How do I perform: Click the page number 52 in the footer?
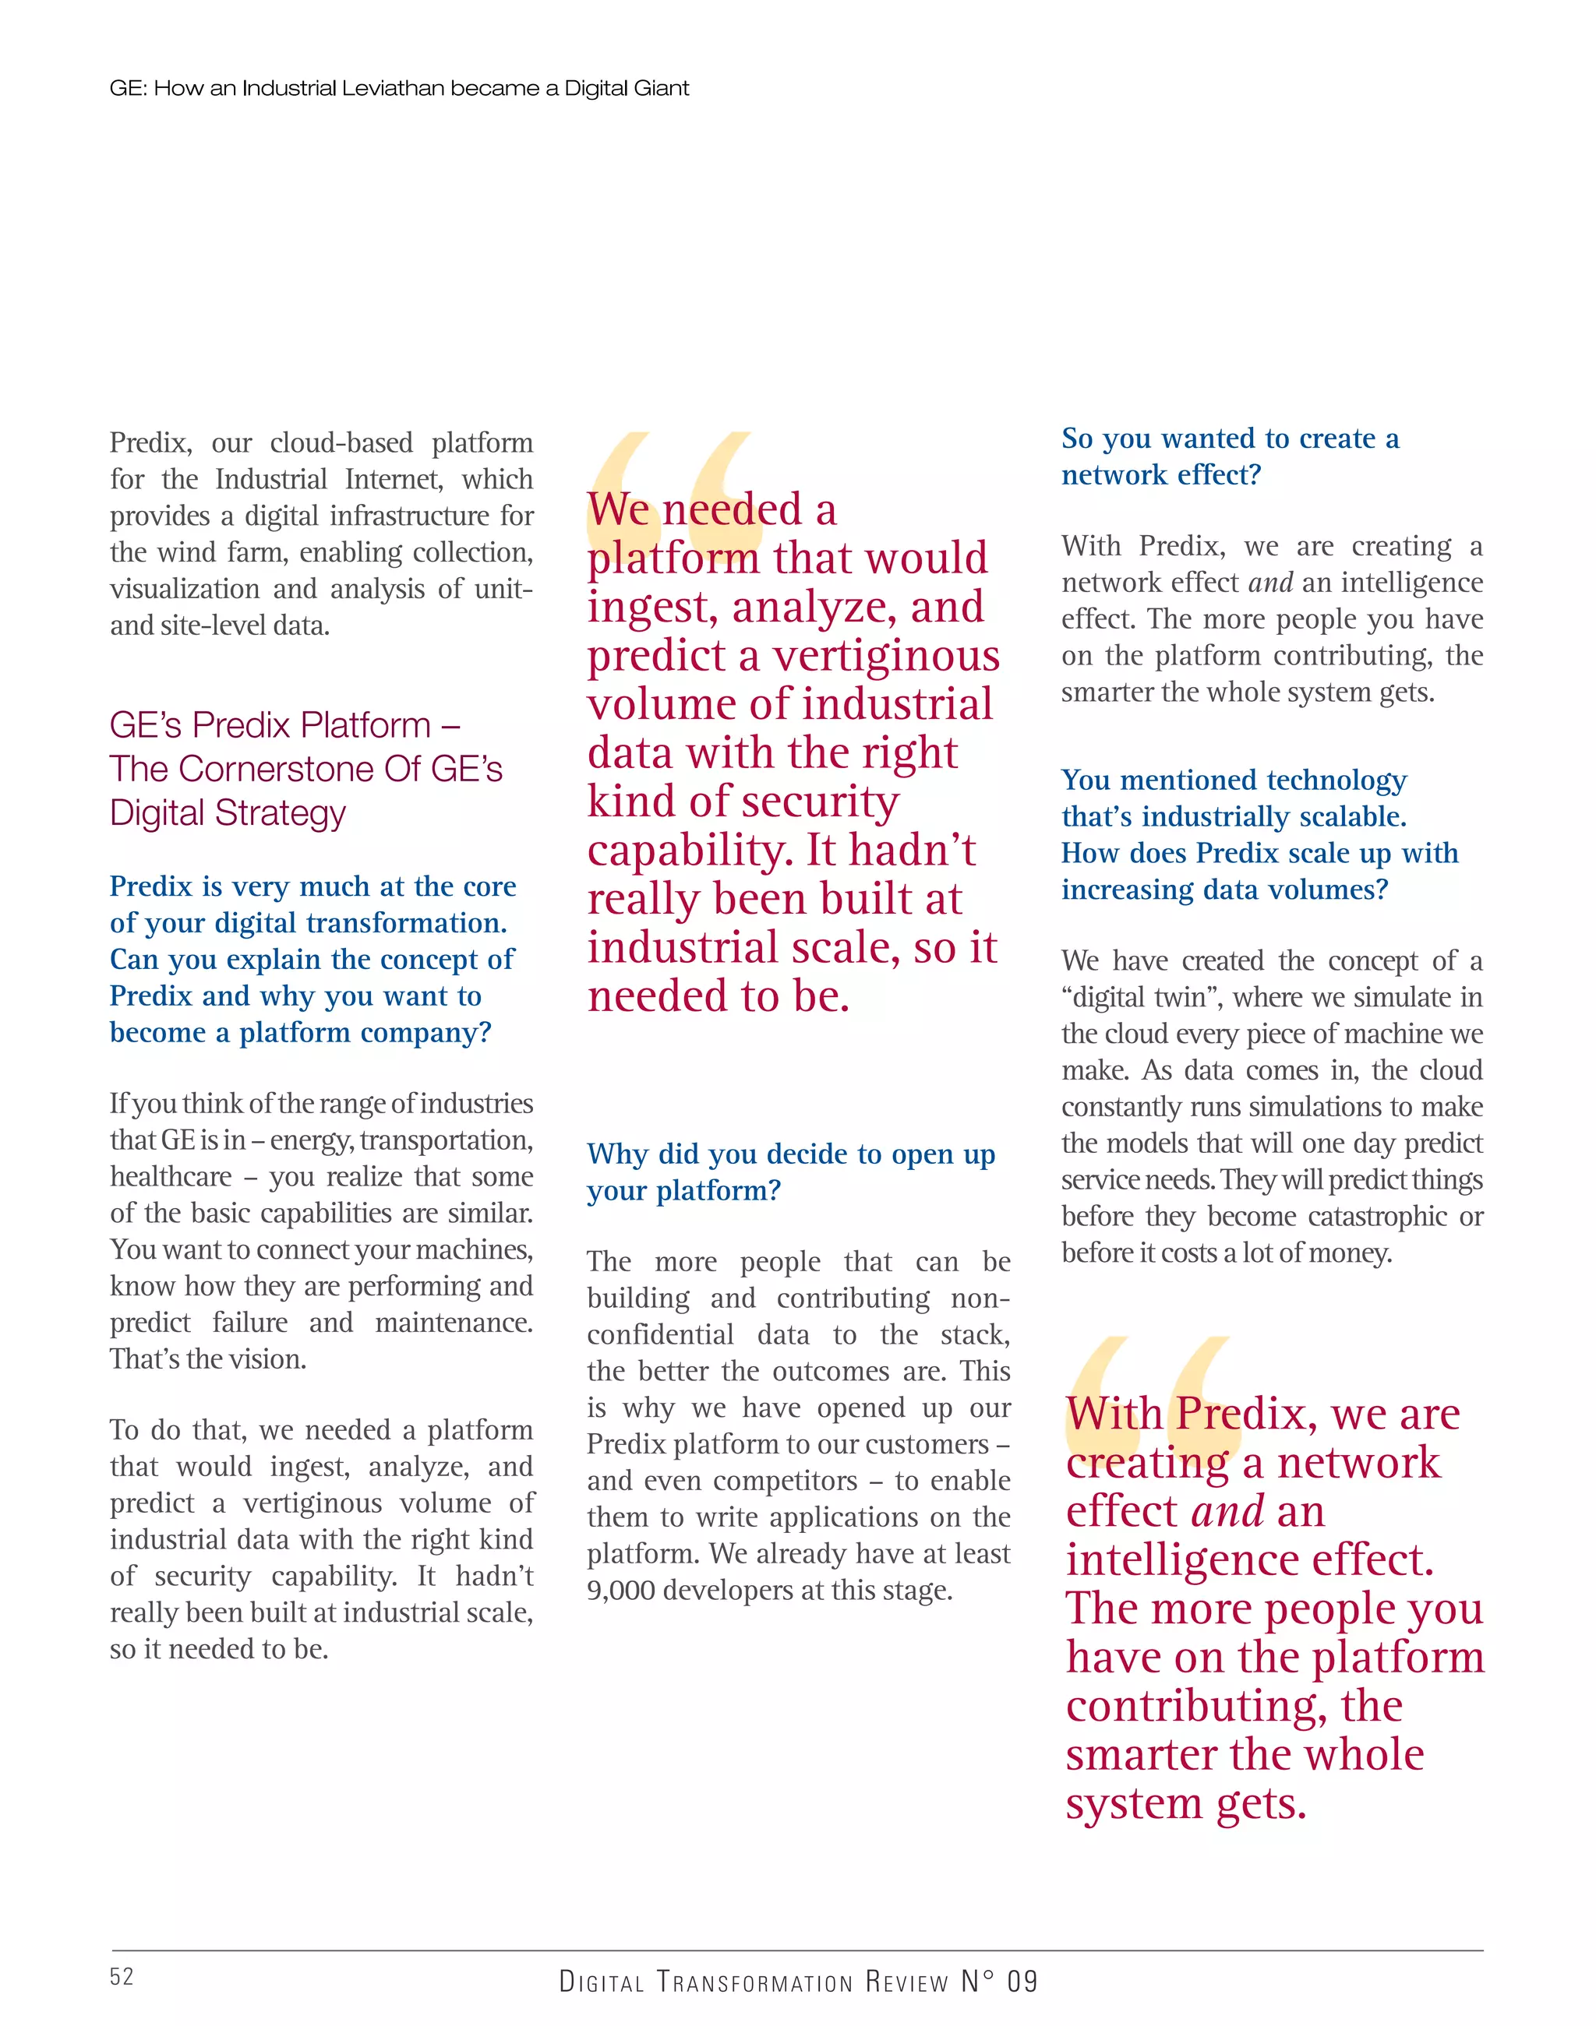click(x=122, y=1976)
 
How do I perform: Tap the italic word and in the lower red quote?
click(x=1228, y=1511)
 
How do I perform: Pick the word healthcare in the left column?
click(x=171, y=1177)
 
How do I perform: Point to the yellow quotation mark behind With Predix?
click(x=1149, y=1392)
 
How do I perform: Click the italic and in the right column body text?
click(x=1270, y=583)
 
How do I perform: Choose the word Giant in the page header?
click(x=661, y=89)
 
